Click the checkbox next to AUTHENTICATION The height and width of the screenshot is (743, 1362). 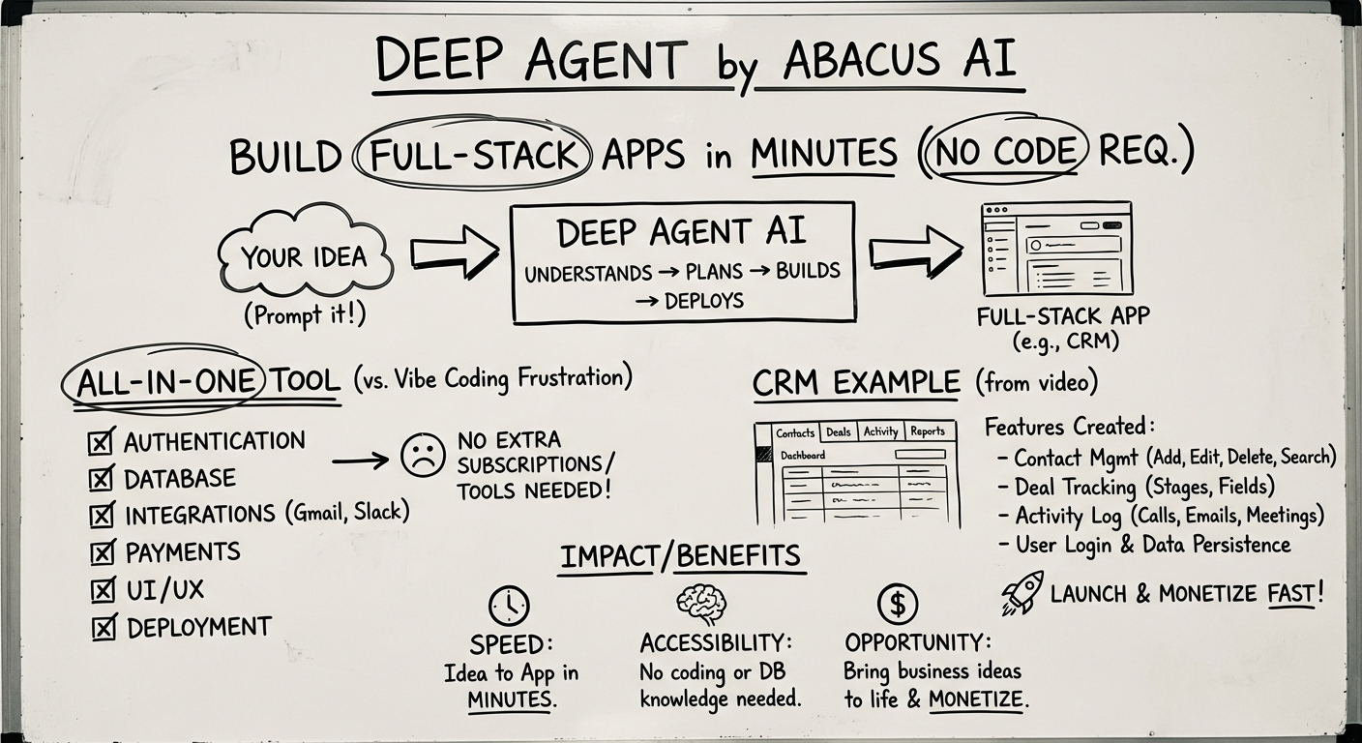(x=102, y=442)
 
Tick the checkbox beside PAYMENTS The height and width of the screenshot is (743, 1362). (x=102, y=553)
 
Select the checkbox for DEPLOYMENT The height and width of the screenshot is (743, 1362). (x=103, y=628)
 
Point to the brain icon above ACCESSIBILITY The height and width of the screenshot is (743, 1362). (x=700, y=604)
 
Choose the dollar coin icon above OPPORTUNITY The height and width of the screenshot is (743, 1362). (x=897, y=605)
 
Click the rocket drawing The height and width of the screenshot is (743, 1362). (x=1021, y=592)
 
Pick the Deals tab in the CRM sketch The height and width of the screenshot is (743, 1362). (x=838, y=432)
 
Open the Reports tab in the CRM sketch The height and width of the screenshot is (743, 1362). (x=927, y=431)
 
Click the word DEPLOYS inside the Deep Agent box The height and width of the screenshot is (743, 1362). (x=703, y=301)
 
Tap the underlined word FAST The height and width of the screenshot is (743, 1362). (x=1291, y=593)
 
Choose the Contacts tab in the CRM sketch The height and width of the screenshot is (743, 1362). (x=795, y=432)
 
